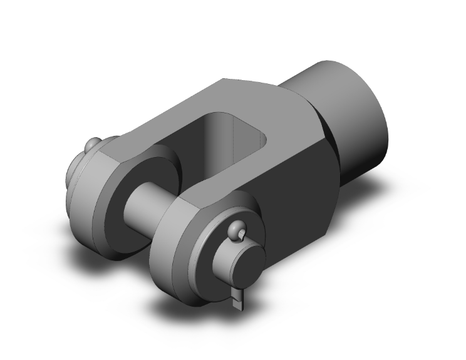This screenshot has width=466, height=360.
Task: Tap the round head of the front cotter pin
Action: (236, 232)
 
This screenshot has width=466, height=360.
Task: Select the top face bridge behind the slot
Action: (269, 100)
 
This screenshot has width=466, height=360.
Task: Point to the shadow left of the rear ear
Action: (81, 250)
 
